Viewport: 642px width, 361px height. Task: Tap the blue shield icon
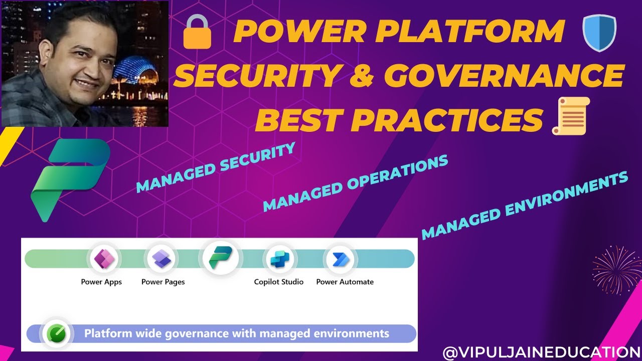[x=599, y=33]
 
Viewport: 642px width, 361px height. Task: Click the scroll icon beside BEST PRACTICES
[x=571, y=116]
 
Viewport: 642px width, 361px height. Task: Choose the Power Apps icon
[x=104, y=259]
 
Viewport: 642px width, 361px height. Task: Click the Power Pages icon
[x=162, y=259]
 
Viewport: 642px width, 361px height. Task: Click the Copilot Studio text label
[x=279, y=282]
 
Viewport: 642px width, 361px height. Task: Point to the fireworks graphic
[x=617, y=270]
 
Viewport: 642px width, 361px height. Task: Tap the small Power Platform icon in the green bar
[x=221, y=257]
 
